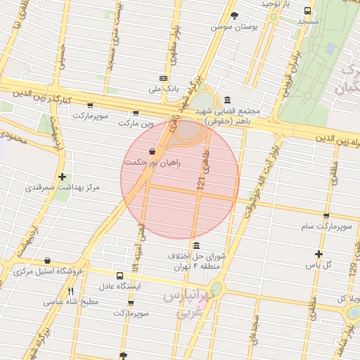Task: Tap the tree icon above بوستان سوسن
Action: click(x=234, y=15)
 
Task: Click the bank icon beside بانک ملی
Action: click(x=163, y=78)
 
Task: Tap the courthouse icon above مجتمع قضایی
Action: click(x=226, y=100)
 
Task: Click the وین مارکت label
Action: click(x=136, y=123)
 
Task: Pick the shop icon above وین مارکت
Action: click(x=135, y=112)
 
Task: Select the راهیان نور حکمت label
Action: click(x=153, y=162)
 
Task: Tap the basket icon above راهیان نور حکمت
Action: click(x=153, y=151)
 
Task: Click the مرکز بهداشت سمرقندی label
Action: click(x=63, y=188)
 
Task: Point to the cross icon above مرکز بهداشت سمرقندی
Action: click(x=63, y=176)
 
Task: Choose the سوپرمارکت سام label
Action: click(x=326, y=227)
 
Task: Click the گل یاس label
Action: click(x=319, y=265)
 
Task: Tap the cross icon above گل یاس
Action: click(x=319, y=254)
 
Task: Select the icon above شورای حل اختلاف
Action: click(x=195, y=245)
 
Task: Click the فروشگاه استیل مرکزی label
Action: click(x=48, y=271)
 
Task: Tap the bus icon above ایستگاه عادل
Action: click(x=120, y=276)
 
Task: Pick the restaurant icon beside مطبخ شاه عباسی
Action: click(x=70, y=290)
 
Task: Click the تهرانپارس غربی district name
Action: click(x=187, y=304)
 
